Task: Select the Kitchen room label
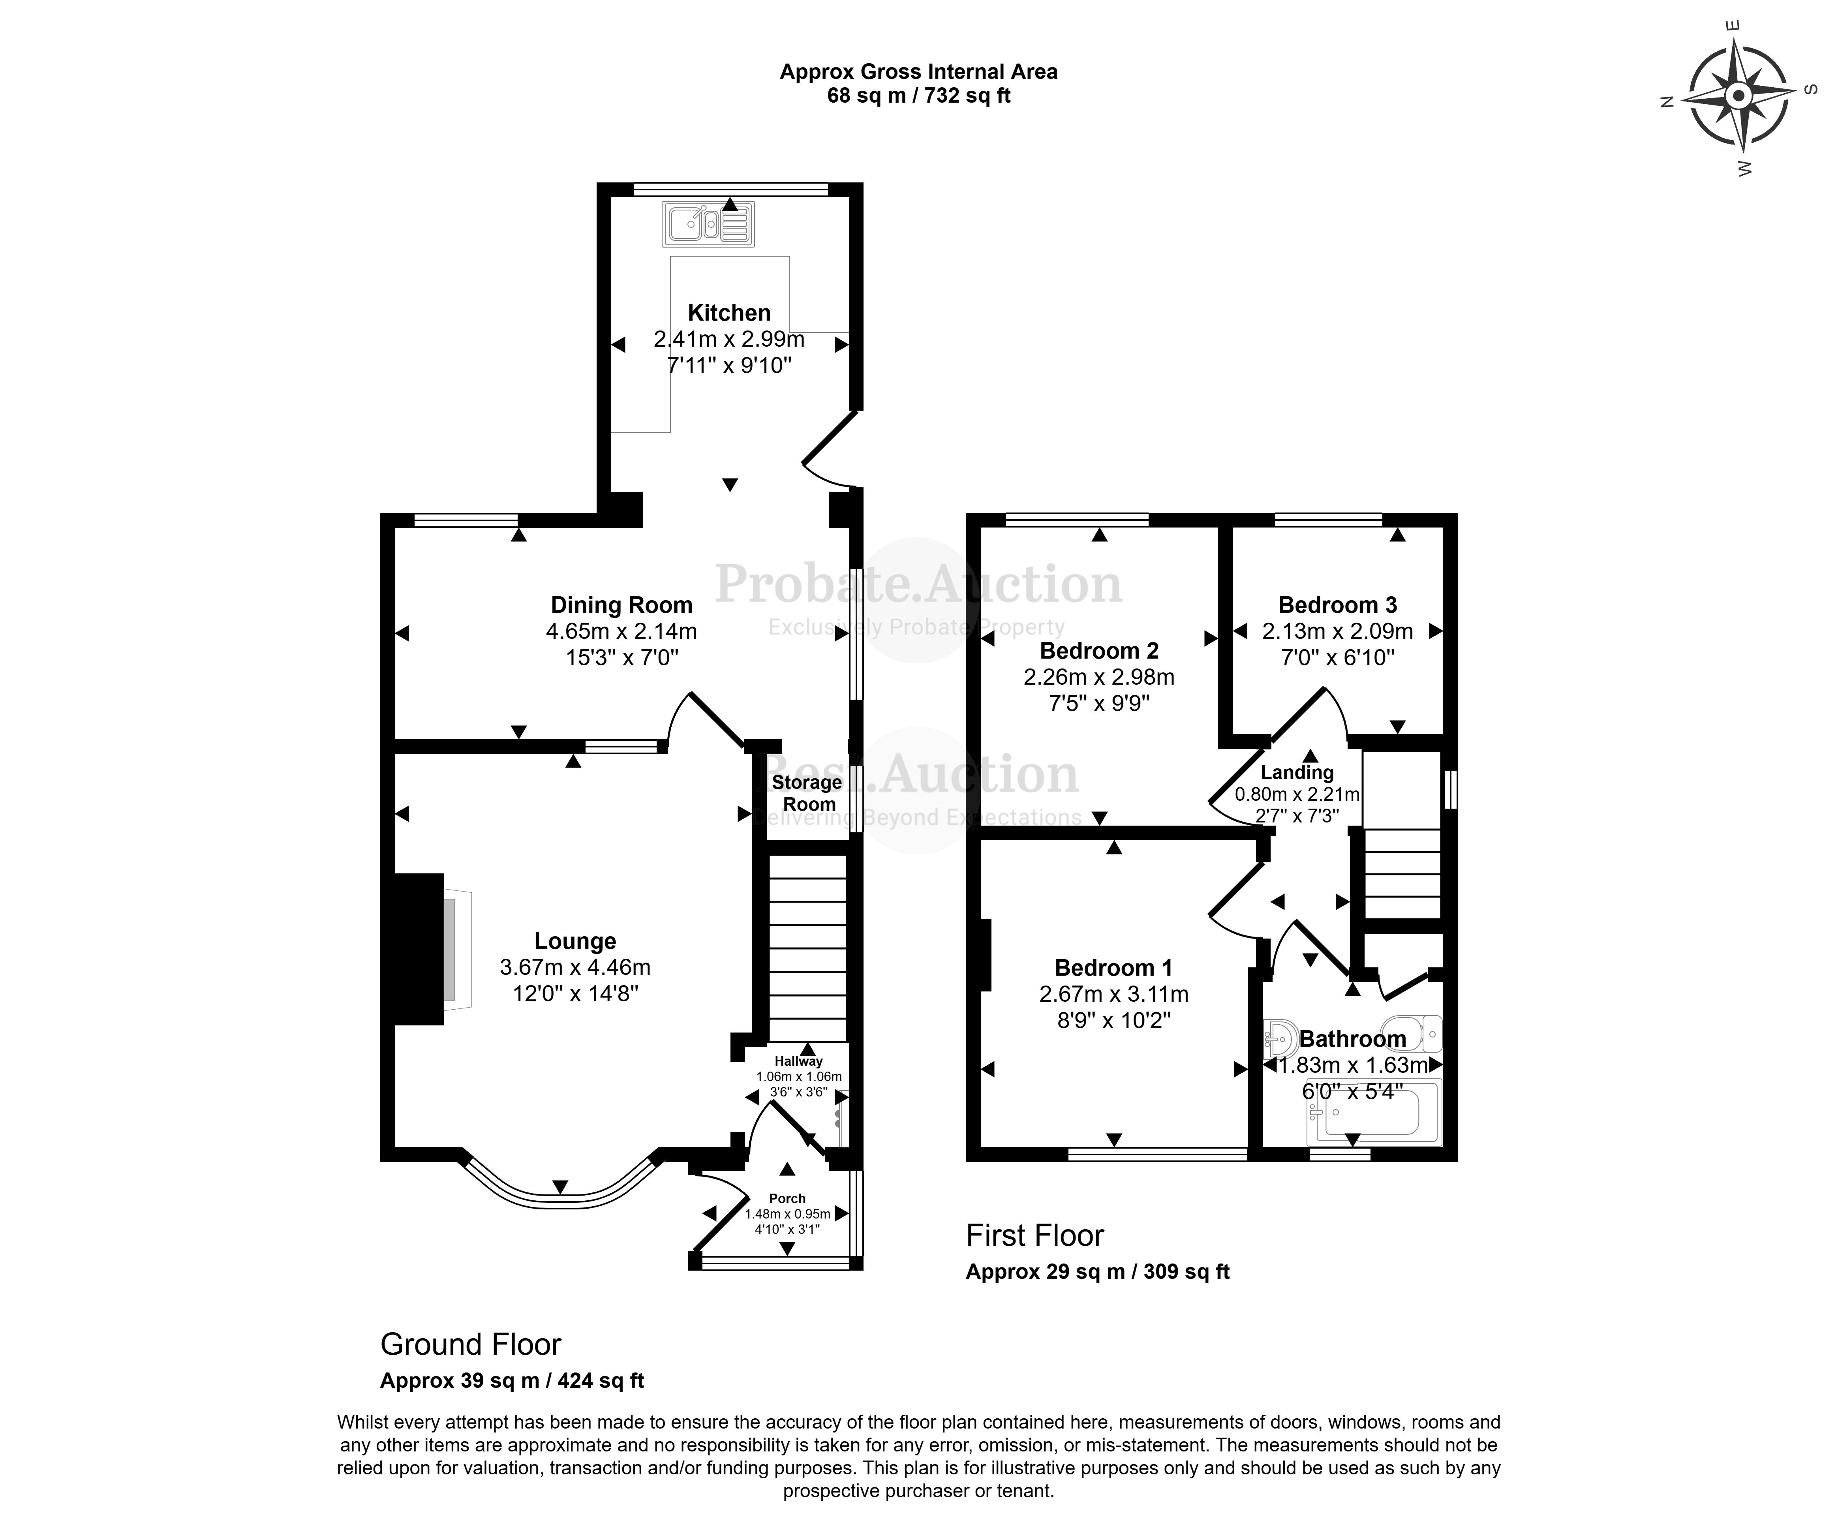click(x=729, y=313)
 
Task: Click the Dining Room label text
click(x=621, y=605)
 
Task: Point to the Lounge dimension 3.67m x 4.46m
click(x=575, y=967)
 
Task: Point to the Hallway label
click(x=798, y=1061)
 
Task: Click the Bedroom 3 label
click(x=1337, y=605)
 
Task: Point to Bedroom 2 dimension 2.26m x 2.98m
click(x=1099, y=677)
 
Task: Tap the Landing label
click(x=1297, y=772)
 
